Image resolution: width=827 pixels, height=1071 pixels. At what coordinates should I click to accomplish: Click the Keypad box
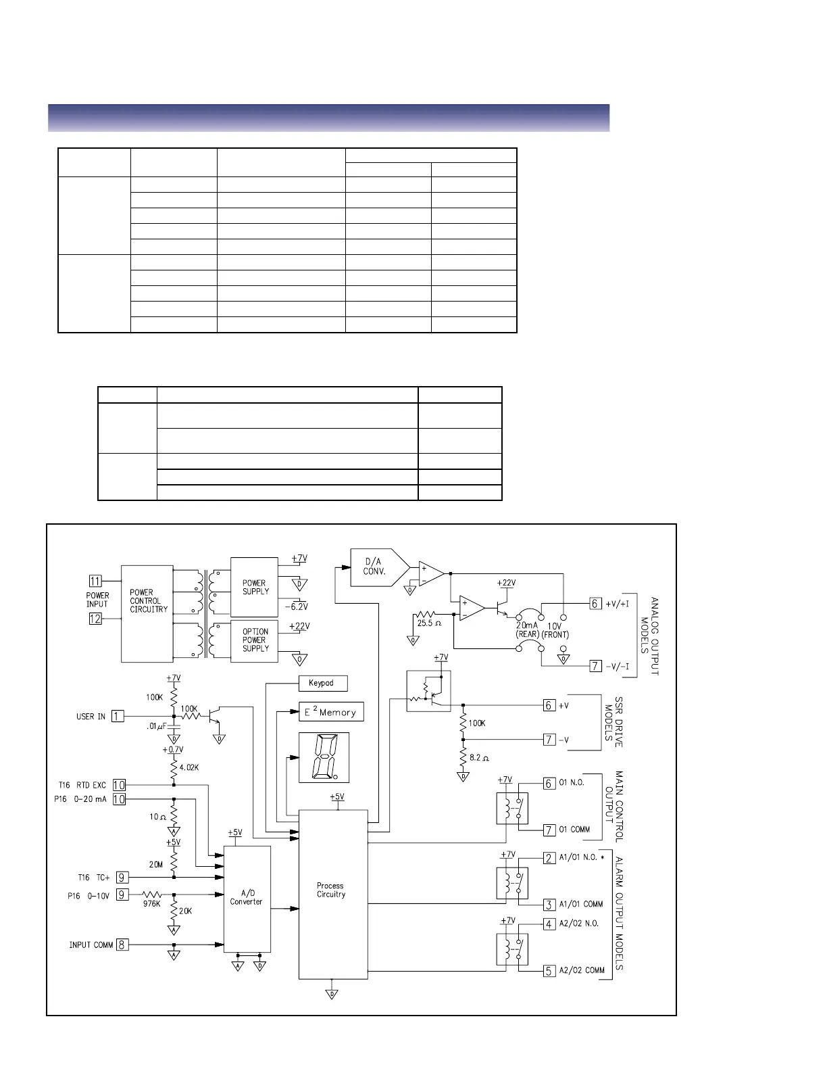(x=322, y=683)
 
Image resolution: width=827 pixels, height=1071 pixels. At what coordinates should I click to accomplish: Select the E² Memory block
(x=331, y=712)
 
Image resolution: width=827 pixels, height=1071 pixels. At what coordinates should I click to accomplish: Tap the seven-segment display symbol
(x=324, y=757)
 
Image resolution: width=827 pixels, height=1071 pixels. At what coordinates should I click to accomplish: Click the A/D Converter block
(x=247, y=897)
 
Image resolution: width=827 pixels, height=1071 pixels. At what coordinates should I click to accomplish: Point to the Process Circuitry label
(x=331, y=890)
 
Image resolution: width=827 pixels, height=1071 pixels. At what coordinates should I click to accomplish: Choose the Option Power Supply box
(x=255, y=640)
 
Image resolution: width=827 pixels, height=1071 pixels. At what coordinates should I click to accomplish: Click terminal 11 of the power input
(x=95, y=581)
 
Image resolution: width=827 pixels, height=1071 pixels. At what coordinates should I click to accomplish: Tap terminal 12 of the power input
(x=95, y=618)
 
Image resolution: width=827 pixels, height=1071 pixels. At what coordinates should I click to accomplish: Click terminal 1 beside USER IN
(x=118, y=716)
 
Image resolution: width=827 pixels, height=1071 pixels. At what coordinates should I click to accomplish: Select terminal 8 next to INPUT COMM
(x=122, y=945)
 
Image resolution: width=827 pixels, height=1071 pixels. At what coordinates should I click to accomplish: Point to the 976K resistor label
(x=152, y=904)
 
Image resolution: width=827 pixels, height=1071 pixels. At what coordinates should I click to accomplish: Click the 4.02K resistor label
(x=189, y=768)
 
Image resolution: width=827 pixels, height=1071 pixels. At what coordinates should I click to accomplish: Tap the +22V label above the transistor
(x=505, y=583)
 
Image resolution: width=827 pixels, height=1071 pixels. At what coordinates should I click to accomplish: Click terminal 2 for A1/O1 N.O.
(x=549, y=858)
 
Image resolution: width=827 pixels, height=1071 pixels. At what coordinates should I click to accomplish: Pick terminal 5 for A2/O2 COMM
(x=549, y=971)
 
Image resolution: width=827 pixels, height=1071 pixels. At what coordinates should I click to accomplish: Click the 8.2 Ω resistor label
(x=480, y=758)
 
